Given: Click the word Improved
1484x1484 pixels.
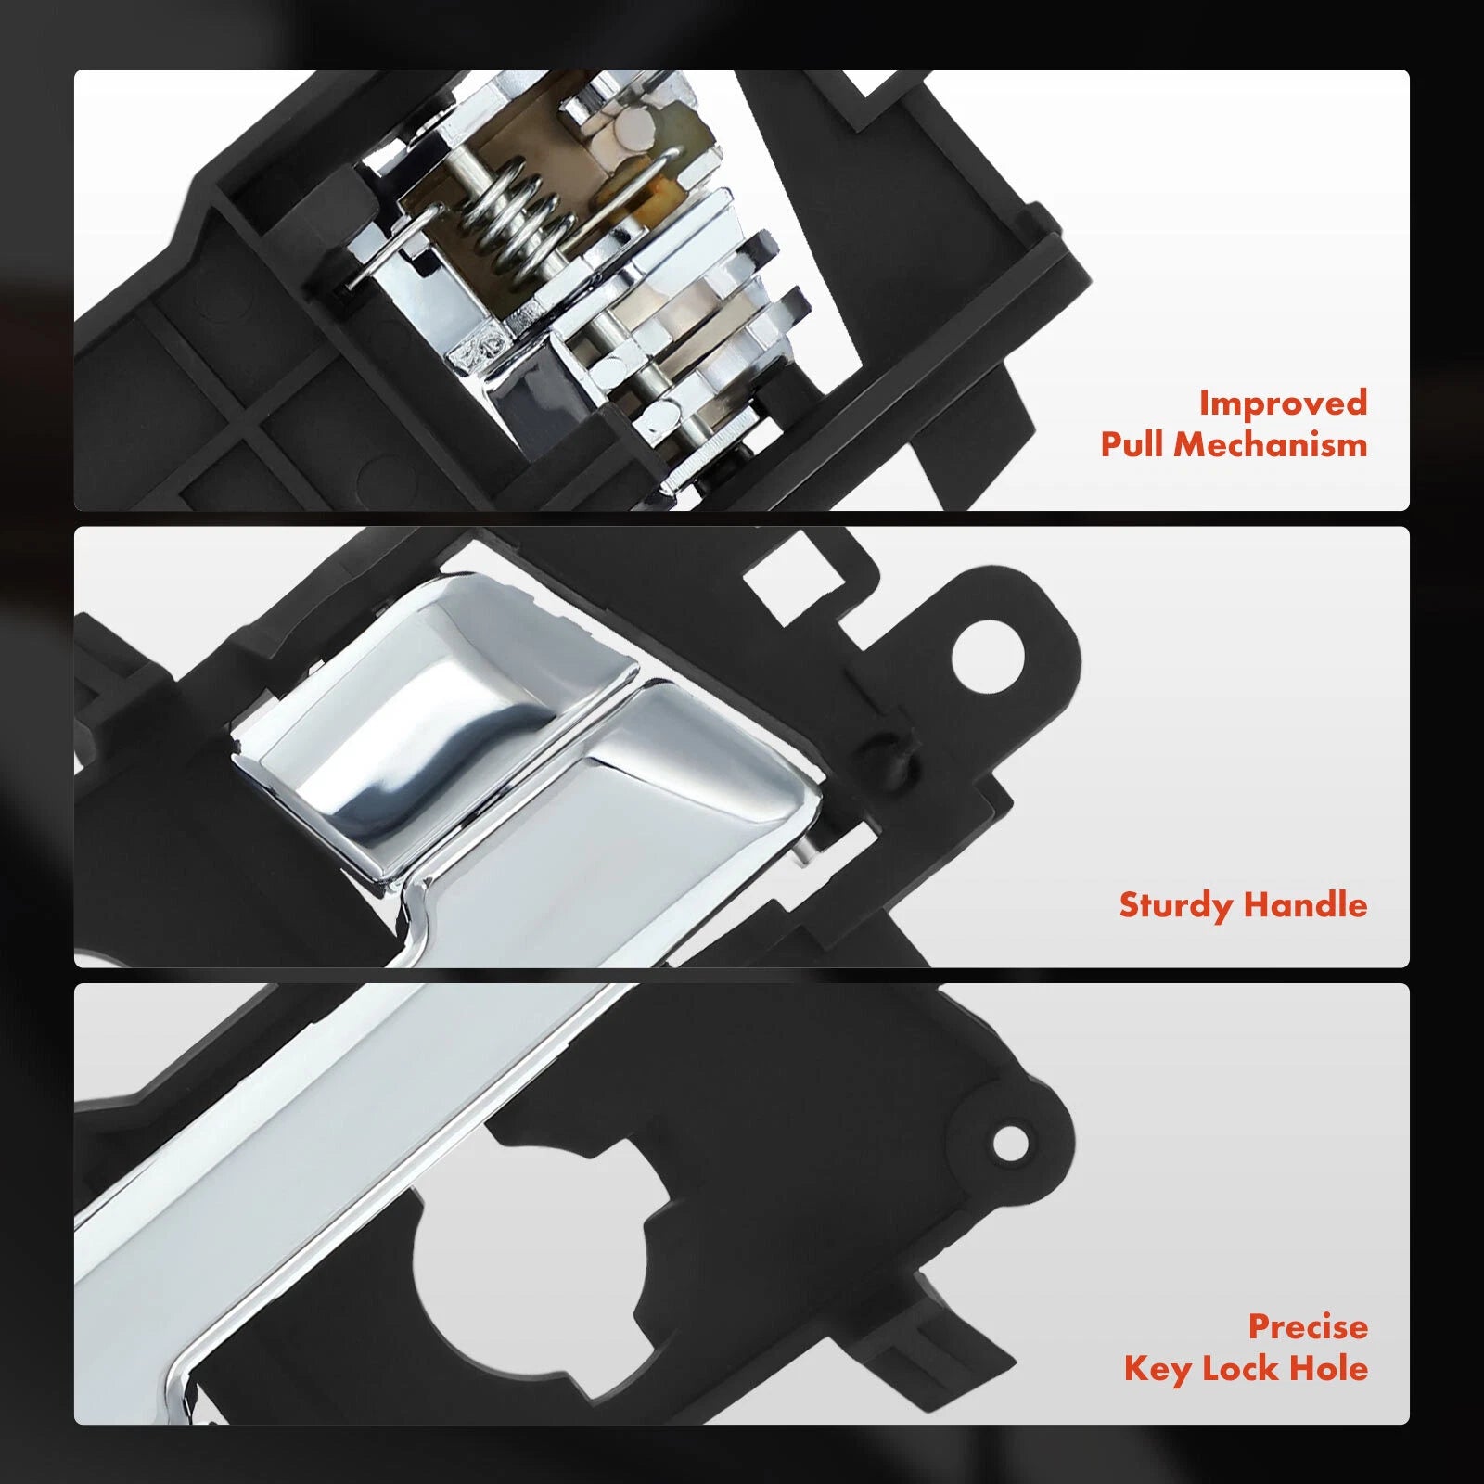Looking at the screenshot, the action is click(x=1283, y=403).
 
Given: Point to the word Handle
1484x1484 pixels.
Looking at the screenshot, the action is click(x=1306, y=904).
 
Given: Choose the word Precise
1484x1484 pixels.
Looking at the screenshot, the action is click(x=1308, y=1326).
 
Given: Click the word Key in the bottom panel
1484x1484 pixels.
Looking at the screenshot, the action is click(x=1158, y=1369).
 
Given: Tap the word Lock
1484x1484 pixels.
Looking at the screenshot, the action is click(x=1243, y=1368).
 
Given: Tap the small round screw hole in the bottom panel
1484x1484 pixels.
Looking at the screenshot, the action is click(x=1011, y=1142).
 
